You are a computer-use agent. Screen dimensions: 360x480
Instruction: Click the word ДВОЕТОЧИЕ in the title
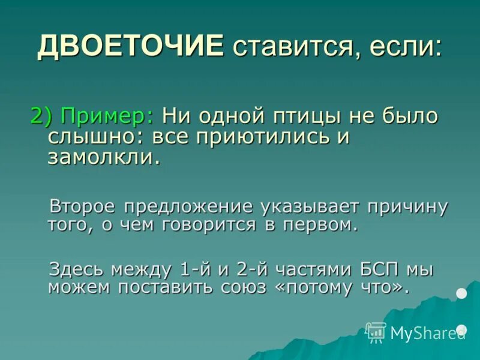(130, 46)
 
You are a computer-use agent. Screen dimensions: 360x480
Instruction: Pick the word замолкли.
(104, 157)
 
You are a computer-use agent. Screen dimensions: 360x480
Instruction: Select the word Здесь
(78, 268)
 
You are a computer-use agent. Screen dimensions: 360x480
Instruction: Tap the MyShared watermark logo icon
(376, 332)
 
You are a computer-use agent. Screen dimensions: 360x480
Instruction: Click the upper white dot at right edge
(461, 293)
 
